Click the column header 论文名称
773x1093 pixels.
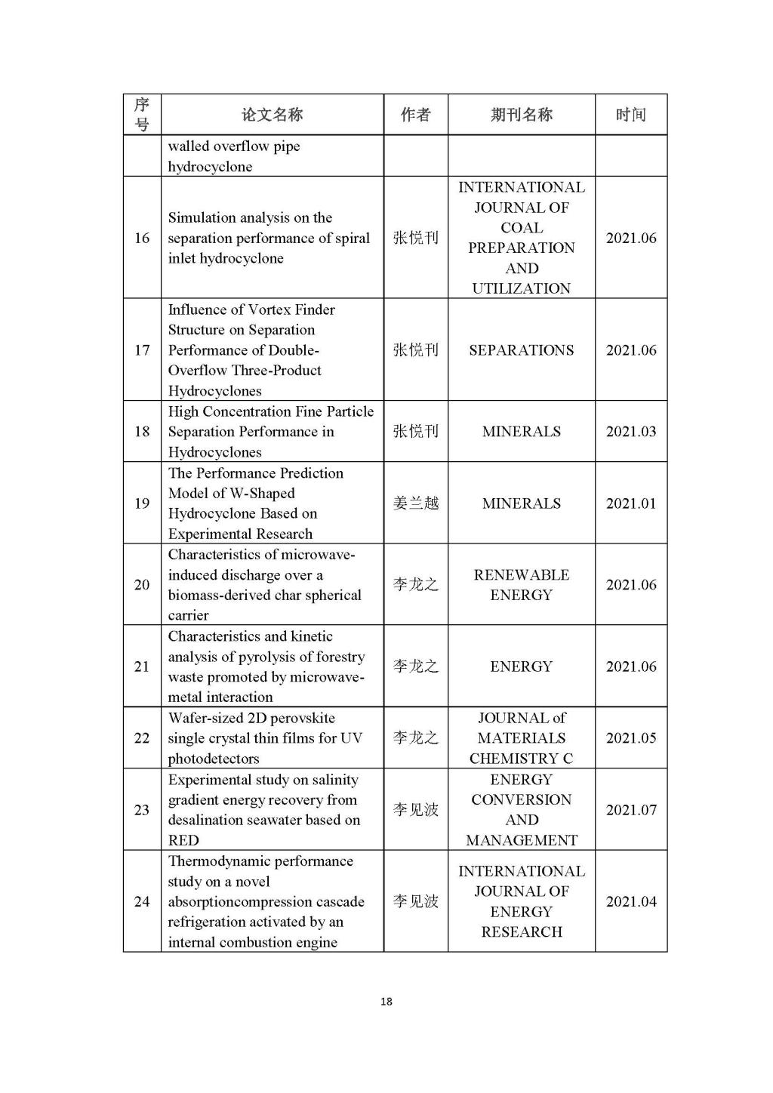(272, 115)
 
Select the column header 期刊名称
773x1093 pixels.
(521, 115)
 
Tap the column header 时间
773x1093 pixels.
(630, 115)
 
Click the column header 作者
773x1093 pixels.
(415, 115)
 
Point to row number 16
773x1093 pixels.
(142, 238)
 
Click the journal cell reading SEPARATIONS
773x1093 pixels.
(521, 350)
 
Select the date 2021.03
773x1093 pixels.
(631, 432)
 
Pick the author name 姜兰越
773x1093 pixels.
(415, 503)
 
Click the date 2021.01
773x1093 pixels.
(631, 503)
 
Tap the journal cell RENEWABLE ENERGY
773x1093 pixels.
(521, 585)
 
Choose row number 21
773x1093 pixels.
(142, 667)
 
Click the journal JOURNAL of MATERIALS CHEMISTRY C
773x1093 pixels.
(521, 738)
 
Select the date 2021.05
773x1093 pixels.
(631, 738)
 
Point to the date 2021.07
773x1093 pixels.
(631, 810)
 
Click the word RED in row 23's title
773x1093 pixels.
(183, 841)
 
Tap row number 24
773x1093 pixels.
(142, 901)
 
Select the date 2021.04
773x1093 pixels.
(631, 901)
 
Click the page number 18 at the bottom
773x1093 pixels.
(386, 1002)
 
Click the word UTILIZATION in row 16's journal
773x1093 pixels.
(521, 288)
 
